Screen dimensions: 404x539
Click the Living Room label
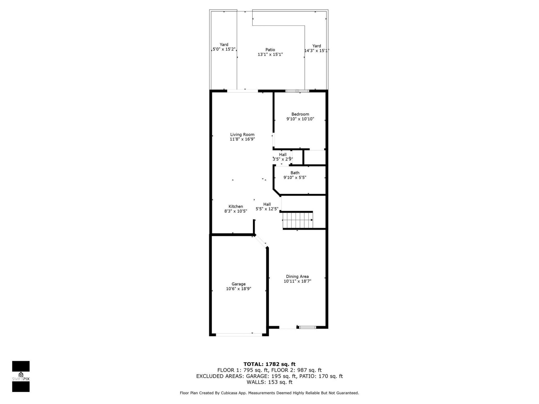pos(242,135)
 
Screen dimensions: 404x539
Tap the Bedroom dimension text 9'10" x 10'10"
pos(300,119)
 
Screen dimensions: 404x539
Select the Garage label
pos(238,284)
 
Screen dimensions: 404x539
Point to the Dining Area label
pos(297,276)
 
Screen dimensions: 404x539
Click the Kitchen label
pos(236,206)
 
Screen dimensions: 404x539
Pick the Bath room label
pos(295,173)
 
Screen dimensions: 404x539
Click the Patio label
pos(270,50)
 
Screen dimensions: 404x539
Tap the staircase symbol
pos(298,220)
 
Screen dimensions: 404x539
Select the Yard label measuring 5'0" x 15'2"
pos(224,45)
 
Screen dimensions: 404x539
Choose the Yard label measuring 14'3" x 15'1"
pos(316,46)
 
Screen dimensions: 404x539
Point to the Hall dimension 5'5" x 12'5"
pos(267,209)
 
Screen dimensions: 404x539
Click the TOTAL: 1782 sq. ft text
pos(269,364)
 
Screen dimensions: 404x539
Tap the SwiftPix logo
pos(21,376)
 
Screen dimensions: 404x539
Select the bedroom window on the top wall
pos(297,91)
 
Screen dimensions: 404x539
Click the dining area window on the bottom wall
pos(307,327)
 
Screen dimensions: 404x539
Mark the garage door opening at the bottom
pos(239,334)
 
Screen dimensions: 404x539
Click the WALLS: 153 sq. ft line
pos(269,382)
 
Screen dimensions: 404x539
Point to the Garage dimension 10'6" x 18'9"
pos(238,289)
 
